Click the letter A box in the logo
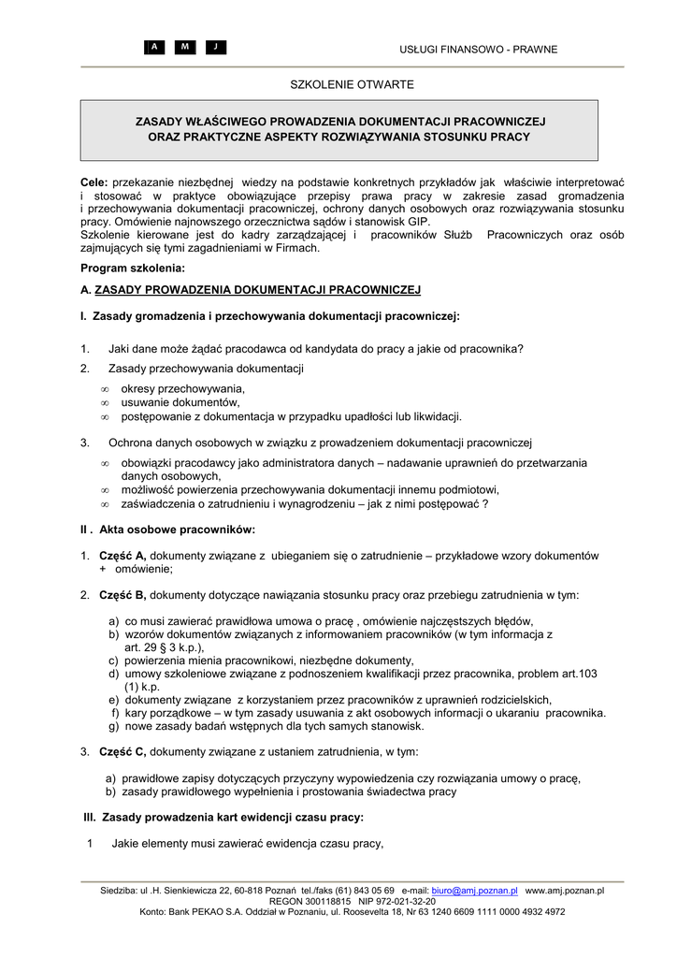pos(155,48)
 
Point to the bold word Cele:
pos(94,180)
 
